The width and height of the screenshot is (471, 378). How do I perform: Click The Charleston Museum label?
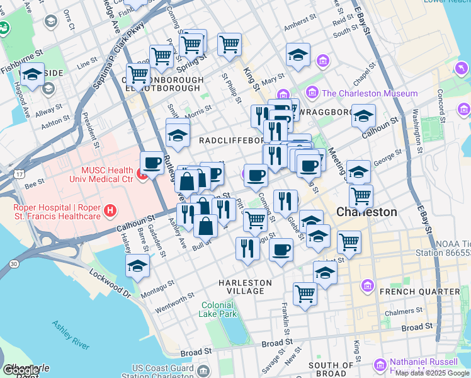tap(370, 93)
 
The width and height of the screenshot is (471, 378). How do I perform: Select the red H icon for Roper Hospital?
tap(110, 210)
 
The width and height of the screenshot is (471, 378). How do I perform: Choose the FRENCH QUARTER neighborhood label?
tap(419, 292)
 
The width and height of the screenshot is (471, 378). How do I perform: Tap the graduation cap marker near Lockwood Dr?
tap(137, 266)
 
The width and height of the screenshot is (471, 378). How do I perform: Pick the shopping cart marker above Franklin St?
tap(305, 293)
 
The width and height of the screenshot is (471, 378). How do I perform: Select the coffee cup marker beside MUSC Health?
tap(152, 163)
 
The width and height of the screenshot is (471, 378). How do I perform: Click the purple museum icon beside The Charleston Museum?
tap(313, 93)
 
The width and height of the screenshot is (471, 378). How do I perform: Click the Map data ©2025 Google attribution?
tap(433, 373)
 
